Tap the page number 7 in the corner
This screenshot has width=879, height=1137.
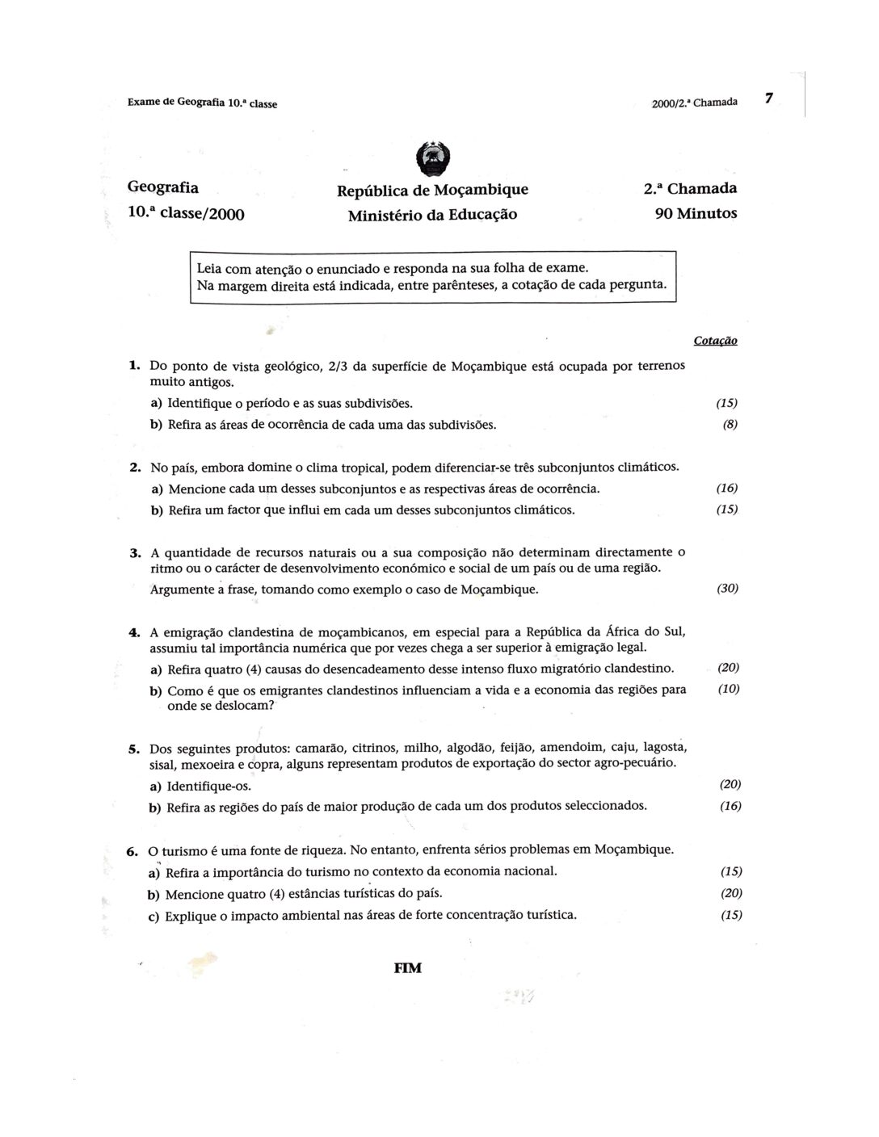769,99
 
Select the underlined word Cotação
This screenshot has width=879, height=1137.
715,341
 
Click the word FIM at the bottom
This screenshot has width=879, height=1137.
407,967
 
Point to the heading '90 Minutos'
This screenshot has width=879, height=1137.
696,214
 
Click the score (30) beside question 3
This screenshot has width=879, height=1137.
727,589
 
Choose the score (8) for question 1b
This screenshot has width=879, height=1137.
730,424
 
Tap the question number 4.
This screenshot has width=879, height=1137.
135,631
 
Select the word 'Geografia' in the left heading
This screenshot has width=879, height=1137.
162,187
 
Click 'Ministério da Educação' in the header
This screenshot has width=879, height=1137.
432,215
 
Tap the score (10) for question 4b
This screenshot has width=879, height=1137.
729,689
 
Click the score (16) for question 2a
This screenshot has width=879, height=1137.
727,488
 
